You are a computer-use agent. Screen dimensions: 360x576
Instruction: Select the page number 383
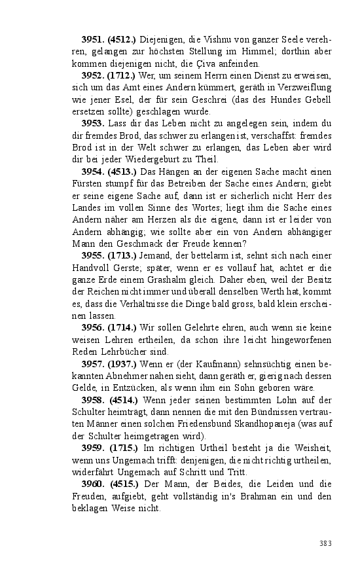pos(326,543)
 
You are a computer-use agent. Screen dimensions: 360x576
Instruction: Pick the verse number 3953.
pos(94,124)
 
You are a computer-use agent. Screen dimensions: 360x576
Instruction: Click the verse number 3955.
pos(94,255)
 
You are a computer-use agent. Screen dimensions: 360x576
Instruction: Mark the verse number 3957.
pos(94,363)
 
